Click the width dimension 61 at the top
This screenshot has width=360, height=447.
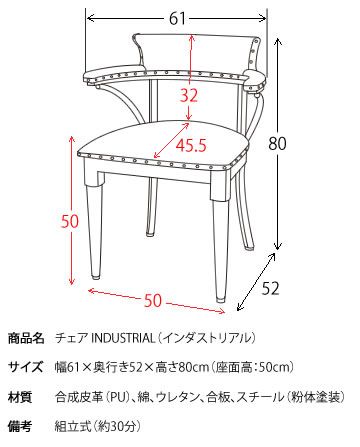point(177,19)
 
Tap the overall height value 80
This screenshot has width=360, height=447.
point(277,144)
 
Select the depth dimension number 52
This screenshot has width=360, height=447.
point(270,288)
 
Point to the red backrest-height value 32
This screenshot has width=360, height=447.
point(189,96)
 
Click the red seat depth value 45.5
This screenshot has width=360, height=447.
point(191,145)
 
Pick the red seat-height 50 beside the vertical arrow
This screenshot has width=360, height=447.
point(70,221)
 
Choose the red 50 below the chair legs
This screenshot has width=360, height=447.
point(153,301)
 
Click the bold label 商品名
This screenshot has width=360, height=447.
point(26,338)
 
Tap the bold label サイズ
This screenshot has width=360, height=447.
point(26,367)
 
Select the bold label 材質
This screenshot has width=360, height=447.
point(20,397)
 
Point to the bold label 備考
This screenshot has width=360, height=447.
point(20,426)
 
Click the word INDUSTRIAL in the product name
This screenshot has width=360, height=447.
point(123,338)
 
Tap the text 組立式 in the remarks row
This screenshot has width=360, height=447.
point(72,426)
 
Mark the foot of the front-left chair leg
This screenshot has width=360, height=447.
point(96,274)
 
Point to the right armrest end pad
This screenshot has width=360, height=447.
point(256,81)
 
